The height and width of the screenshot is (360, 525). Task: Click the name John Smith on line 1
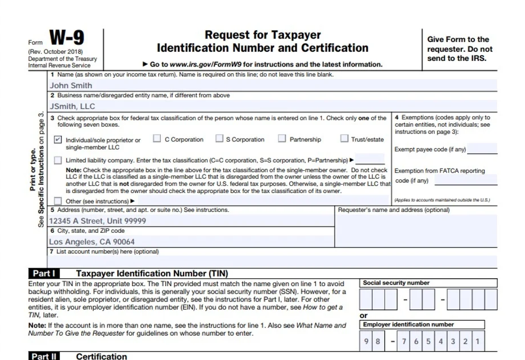(x=71, y=86)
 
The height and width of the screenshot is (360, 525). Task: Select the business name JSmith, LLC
(x=72, y=106)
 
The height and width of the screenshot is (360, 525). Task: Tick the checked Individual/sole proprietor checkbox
(x=58, y=140)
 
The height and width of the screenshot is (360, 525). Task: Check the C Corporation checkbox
(x=157, y=139)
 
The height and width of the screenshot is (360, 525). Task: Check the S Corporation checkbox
(x=219, y=139)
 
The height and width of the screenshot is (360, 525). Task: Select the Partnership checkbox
(x=282, y=139)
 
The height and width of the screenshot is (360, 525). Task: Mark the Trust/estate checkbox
(x=344, y=139)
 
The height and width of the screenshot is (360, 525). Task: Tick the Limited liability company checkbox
(x=58, y=160)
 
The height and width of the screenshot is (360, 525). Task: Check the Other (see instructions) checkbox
(x=58, y=201)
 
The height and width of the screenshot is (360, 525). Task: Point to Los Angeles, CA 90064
(x=91, y=241)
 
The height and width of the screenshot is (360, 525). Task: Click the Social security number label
(x=397, y=283)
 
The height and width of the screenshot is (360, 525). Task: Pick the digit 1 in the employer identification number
(x=478, y=342)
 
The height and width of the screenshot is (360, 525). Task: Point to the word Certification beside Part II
(x=102, y=356)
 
